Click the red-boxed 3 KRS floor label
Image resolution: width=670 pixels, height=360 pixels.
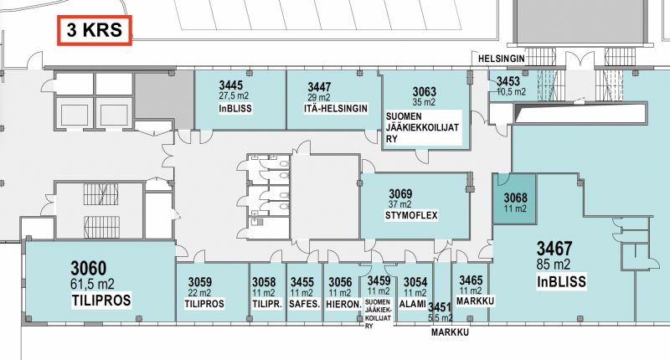click(x=95, y=30)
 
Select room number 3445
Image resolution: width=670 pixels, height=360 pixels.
click(x=231, y=85)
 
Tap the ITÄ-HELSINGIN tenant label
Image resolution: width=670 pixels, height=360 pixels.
click(x=336, y=109)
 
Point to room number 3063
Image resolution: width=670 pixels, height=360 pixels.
click(x=425, y=92)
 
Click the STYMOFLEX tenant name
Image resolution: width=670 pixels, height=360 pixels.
click(x=411, y=215)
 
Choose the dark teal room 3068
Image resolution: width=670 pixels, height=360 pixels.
click(x=514, y=198)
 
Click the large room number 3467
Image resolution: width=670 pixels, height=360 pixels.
click(x=554, y=249)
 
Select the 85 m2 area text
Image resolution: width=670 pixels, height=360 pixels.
click(x=554, y=265)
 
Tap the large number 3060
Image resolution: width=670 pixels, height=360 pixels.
click(x=89, y=269)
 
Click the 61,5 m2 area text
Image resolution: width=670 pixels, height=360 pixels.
click(x=92, y=284)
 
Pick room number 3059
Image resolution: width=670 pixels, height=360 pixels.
click(x=200, y=282)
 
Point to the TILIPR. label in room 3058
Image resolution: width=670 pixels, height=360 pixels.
click(x=267, y=304)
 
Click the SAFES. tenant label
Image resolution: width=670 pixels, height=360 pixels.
click(x=304, y=304)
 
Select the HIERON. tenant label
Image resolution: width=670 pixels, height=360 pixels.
click(x=343, y=304)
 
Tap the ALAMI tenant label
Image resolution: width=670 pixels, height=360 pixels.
click(x=412, y=304)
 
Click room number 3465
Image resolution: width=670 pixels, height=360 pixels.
click(x=471, y=280)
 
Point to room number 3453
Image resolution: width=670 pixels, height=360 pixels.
click(x=508, y=81)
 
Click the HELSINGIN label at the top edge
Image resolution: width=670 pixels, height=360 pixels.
click(x=501, y=59)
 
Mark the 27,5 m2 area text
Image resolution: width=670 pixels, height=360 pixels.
click(x=234, y=95)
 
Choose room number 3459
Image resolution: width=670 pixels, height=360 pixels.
click(x=379, y=281)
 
